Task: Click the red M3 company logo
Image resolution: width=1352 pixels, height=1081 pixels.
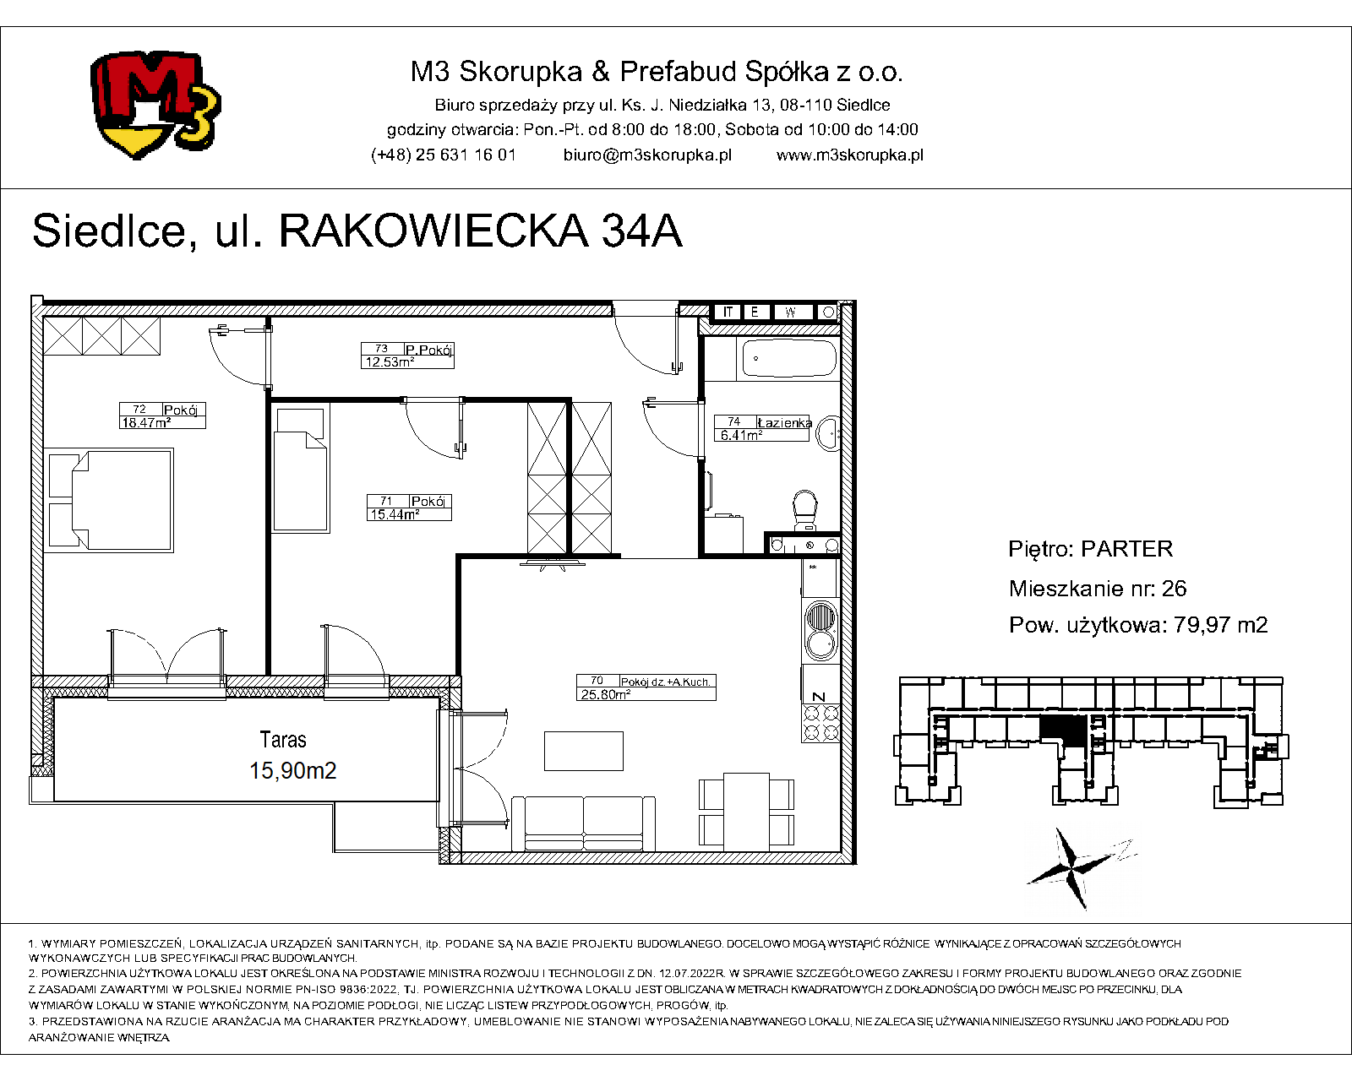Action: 155,105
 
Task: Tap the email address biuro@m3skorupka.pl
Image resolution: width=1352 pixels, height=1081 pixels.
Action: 647,155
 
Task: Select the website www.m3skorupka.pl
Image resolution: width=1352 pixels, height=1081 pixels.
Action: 850,155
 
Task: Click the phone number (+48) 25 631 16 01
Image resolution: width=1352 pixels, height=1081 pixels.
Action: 444,155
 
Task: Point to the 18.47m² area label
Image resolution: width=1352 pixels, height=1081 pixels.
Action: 145,423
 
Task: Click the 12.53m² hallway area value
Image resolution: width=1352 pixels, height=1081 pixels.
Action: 390,362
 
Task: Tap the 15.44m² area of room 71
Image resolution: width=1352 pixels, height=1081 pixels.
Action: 395,514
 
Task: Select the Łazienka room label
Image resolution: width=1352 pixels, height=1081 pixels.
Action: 784,423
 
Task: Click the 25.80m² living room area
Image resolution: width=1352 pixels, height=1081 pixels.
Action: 606,694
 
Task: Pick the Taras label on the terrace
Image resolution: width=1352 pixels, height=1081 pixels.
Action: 283,740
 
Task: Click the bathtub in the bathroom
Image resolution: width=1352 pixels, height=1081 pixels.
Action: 790,358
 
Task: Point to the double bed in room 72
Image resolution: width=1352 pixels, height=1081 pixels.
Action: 109,500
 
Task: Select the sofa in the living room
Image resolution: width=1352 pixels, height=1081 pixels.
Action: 584,823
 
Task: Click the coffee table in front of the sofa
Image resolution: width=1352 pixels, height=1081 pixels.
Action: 584,751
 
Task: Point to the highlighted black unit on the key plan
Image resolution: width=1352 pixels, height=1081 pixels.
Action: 1063,731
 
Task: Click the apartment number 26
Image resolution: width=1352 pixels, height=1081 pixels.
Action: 1175,589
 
